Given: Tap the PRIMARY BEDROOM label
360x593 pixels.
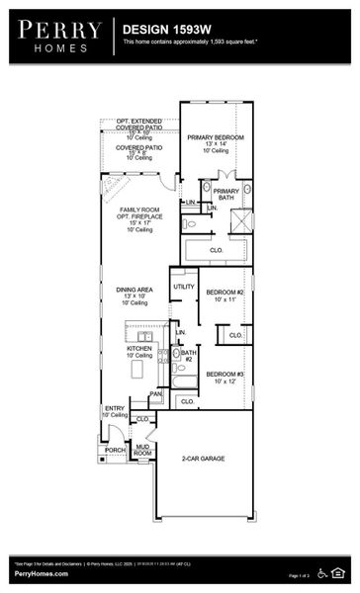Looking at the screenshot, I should tap(216, 137).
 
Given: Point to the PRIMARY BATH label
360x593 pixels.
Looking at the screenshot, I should tap(225, 194).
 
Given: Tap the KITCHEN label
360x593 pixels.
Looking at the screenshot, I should tap(138, 349).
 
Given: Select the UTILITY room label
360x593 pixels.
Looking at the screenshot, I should tap(184, 287).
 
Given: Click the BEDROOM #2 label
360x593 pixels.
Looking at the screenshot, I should tap(225, 293).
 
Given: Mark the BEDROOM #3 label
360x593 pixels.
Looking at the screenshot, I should tap(225, 375).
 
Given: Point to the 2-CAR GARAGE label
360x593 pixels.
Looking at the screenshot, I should tap(207, 459).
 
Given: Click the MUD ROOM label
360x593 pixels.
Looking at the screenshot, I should tap(142, 450).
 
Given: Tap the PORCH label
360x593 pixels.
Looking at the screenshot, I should tap(115, 450).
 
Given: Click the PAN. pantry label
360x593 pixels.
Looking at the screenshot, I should tap(155, 393).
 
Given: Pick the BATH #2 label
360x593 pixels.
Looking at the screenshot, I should tap(188, 354).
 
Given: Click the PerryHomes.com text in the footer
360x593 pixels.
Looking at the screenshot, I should tap(41, 574).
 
